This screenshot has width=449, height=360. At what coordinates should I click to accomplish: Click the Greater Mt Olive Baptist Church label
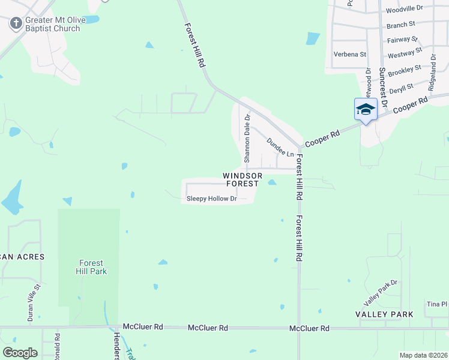pyautogui.click(x=52, y=25)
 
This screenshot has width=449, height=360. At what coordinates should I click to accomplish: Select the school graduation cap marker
pyautogui.click(x=366, y=110)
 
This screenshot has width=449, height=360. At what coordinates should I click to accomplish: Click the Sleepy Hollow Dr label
pyautogui.click(x=212, y=199)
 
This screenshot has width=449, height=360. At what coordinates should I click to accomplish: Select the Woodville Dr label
pyautogui.click(x=404, y=10)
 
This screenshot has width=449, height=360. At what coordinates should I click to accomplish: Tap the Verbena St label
pyautogui.click(x=350, y=55)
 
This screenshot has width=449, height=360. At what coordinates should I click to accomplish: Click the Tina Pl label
pyautogui.click(x=436, y=304)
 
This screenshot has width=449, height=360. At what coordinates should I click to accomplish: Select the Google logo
pyautogui.click(x=20, y=352)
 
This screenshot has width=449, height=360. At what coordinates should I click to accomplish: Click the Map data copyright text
pyautogui.click(x=423, y=355)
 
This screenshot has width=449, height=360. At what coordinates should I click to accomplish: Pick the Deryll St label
pyautogui.click(x=401, y=88)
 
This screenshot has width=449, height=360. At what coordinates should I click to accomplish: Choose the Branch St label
pyautogui.click(x=401, y=25)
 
